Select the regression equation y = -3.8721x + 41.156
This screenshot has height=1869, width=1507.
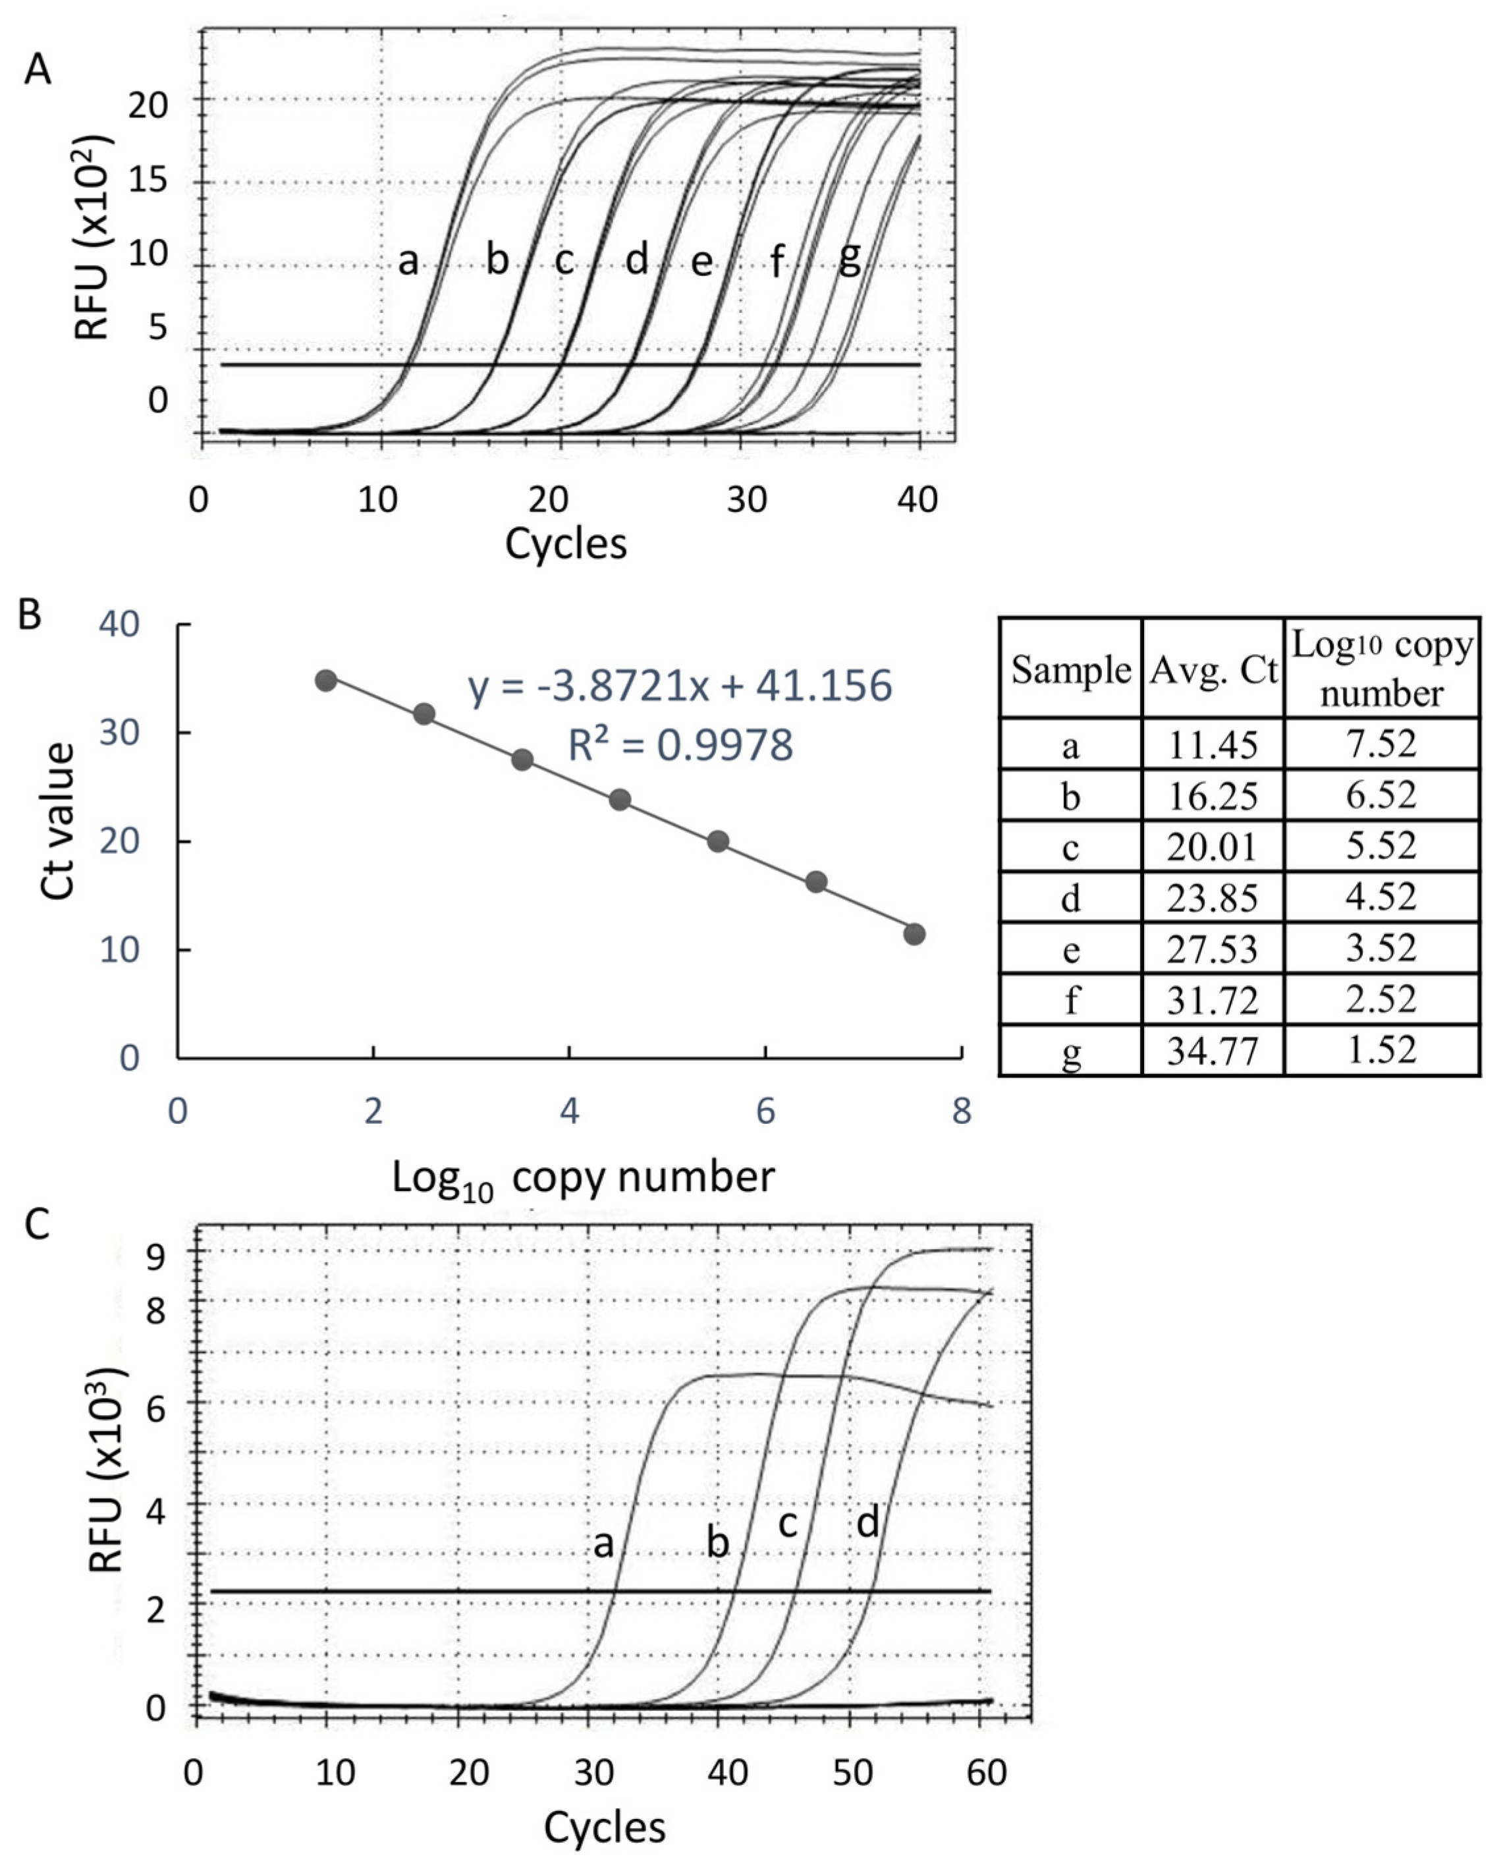pyautogui.click(x=680, y=686)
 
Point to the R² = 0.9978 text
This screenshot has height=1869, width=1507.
pyautogui.click(x=680, y=745)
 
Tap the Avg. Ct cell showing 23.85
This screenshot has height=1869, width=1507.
pyautogui.click(x=1212, y=897)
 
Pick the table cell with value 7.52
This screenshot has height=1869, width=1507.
pyautogui.click(x=1381, y=744)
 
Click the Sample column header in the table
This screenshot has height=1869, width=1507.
pyautogui.click(x=1070, y=670)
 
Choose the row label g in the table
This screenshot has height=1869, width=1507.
pyautogui.click(x=1071, y=1052)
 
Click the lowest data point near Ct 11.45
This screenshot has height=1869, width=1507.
pyautogui.click(x=914, y=934)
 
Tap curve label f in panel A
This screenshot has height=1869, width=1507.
pyautogui.click(x=778, y=260)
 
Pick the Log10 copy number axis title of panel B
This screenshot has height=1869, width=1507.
pyautogui.click(x=582, y=1179)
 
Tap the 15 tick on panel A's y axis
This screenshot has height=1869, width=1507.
pyautogui.click(x=148, y=181)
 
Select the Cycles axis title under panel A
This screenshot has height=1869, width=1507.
pyautogui.click(x=565, y=544)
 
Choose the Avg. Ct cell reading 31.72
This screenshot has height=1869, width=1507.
pyautogui.click(x=1212, y=1001)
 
